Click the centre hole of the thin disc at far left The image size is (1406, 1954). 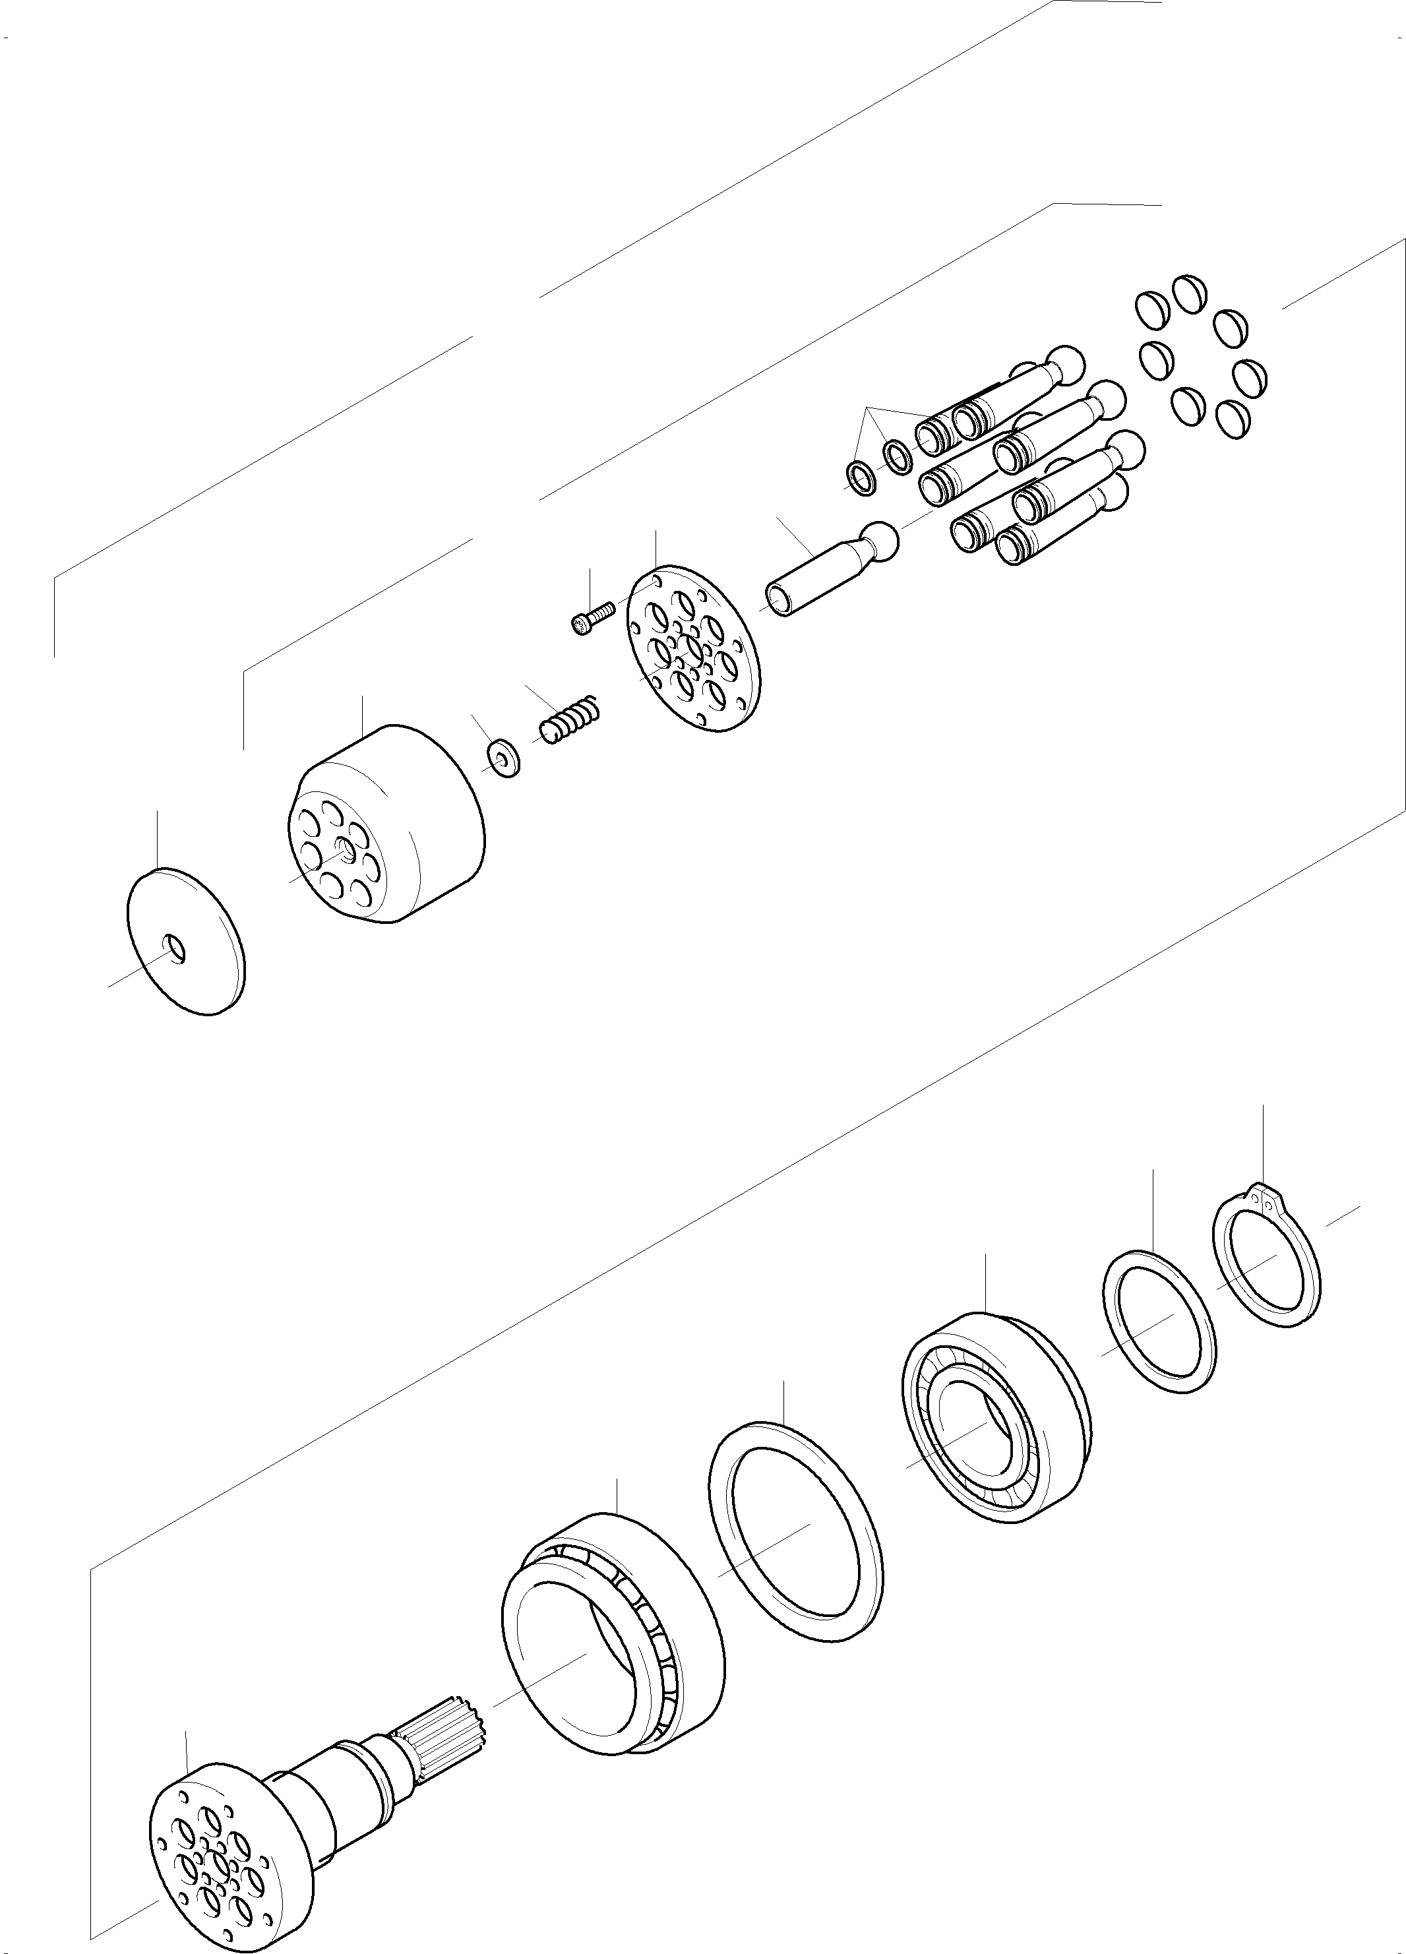(x=175, y=950)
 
